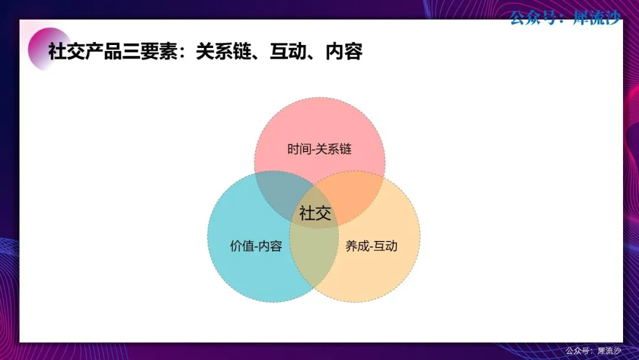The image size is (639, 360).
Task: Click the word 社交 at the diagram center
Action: (315, 213)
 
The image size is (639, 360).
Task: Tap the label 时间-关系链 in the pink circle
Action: (319, 149)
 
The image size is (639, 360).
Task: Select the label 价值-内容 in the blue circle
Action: (256, 246)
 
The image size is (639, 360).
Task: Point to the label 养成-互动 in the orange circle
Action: (371, 246)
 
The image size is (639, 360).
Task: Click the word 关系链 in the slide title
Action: (223, 52)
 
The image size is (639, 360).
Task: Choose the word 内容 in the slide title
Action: (344, 52)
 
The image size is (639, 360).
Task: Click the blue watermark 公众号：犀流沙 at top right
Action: (565, 18)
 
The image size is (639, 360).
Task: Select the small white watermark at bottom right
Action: (593, 351)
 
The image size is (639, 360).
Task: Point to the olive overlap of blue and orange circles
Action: (314, 257)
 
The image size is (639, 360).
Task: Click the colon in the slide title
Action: (186, 52)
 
